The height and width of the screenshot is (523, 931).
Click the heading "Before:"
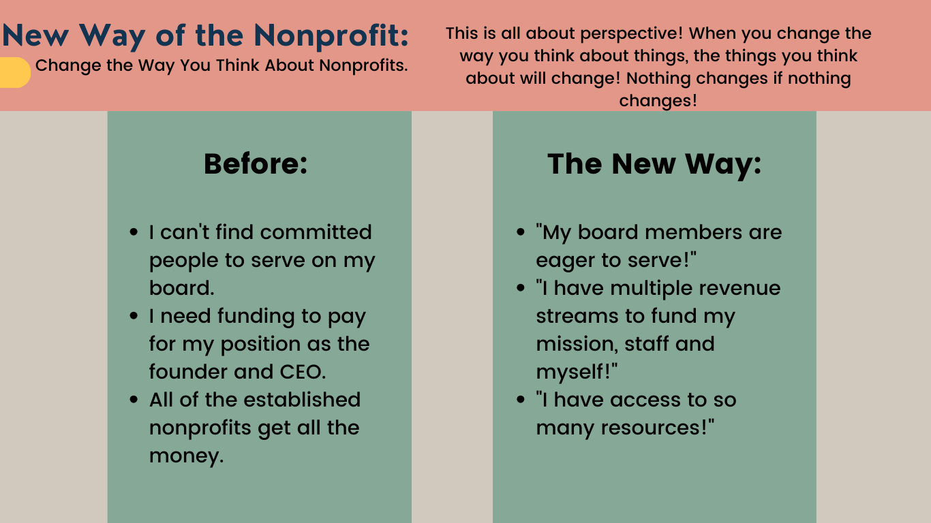pos(256,163)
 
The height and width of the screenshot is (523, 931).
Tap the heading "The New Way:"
pos(654,165)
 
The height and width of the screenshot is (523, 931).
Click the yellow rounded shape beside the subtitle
pos(14,72)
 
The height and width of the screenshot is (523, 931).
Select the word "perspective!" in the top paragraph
pos(631,34)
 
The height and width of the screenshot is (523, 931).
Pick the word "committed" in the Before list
pos(316,232)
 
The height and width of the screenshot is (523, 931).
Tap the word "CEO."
pos(303,372)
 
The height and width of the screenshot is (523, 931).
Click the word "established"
pos(302,400)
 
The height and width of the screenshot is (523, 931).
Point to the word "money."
pos(186,456)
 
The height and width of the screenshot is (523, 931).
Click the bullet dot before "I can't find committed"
pos(134,232)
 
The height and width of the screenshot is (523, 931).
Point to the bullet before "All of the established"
pos(134,400)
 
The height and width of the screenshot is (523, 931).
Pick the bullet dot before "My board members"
pos(520,232)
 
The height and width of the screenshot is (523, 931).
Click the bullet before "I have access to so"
pos(520,400)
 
